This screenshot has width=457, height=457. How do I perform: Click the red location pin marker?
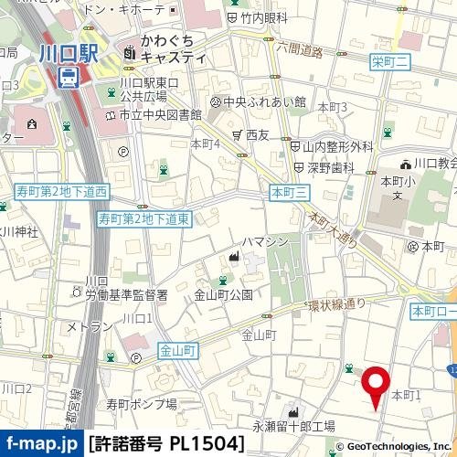(x=375, y=384)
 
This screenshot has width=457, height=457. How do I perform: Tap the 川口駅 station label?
(x=68, y=55)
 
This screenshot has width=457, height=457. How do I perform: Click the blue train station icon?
(x=68, y=80)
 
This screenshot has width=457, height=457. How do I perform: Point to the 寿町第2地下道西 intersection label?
(x=63, y=192)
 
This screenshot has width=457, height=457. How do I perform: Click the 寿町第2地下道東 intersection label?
(x=143, y=219)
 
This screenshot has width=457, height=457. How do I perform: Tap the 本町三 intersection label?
(x=291, y=191)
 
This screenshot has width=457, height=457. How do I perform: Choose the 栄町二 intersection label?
(x=388, y=61)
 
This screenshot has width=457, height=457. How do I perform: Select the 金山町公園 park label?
(x=223, y=295)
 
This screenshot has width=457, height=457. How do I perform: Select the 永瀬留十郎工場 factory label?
(x=293, y=425)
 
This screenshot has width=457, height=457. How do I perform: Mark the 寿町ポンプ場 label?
(x=141, y=403)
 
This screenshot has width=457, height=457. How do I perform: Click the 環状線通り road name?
(x=335, y=304)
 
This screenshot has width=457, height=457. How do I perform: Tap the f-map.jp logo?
(x=42, y=445)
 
